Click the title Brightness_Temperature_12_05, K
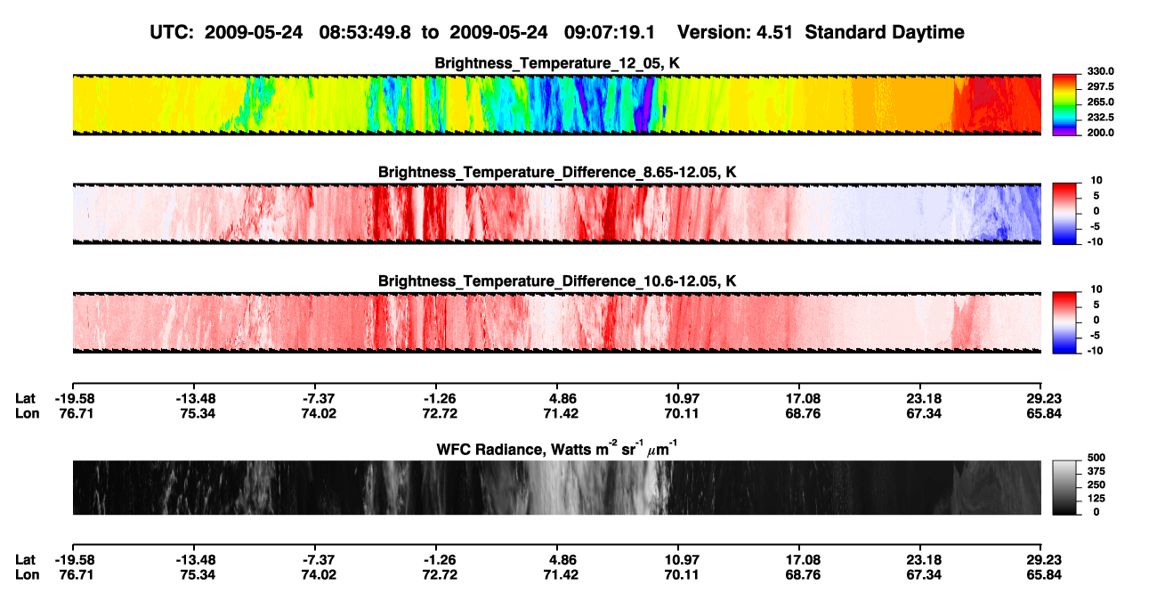click(x=557, y=63)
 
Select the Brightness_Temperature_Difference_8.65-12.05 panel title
click(x=557, y=172)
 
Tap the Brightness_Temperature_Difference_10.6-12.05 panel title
click(x=557, y=281)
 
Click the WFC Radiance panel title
click(x=557, y=449)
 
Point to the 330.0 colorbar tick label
click(x=1100, y=71)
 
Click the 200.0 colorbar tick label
click(x=1100, y=133)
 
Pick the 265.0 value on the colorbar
click(x=1100, y=102)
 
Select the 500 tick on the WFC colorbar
click(x=1096, y=458)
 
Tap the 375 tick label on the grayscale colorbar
click(x=1096, y=471)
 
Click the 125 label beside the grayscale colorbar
click(x=1096, y=499)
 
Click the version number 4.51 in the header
click(x=774, y=33)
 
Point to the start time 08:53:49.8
click(x=365, y=33)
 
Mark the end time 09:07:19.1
click(x=610, y=33)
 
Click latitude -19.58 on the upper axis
click(x=76, y=399)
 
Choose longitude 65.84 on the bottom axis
click(x=1044, y=574)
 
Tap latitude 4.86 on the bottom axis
click(x=561, y=559)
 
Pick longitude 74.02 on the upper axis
click(x=319, y=413)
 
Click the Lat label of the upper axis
click(x=25, y=399)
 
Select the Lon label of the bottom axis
click(x=27, y=574)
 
